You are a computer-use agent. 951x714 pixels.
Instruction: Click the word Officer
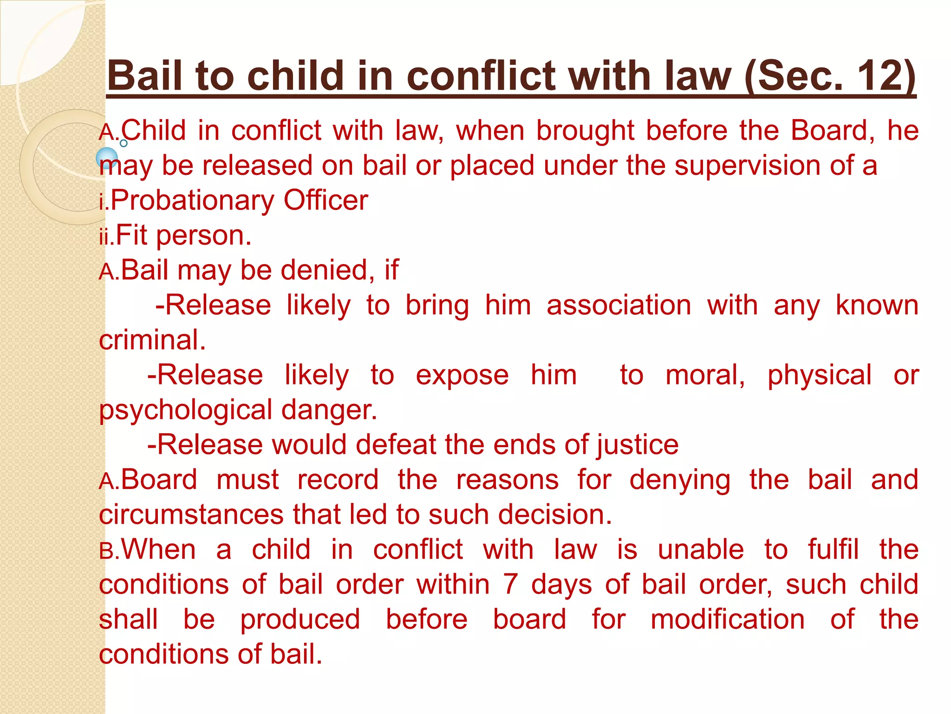coord(326,200)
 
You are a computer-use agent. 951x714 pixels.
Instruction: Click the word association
coord(619,305)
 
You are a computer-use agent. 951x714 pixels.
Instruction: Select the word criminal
coord(152,340)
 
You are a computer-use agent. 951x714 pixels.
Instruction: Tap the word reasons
coord(507,480)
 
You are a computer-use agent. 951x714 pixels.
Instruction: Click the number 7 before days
coord(510,584)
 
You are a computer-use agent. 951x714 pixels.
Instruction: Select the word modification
coord(727,620)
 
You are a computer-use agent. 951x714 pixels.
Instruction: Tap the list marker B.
coord(106,551)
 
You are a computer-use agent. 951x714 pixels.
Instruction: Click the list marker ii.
coord(105,237)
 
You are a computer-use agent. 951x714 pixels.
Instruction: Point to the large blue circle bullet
coord(107,158)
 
